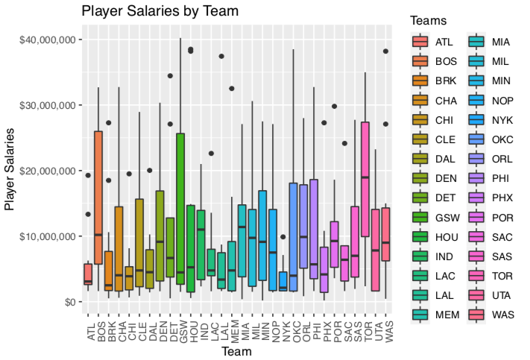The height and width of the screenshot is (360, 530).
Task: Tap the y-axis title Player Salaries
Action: click(x=10, y=171)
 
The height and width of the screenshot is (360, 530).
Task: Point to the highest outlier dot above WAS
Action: click(x=385, y=51)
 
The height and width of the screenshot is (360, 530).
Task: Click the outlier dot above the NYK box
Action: click(x=283, y=237)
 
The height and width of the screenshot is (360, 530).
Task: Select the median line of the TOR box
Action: click(x=365, y=177)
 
